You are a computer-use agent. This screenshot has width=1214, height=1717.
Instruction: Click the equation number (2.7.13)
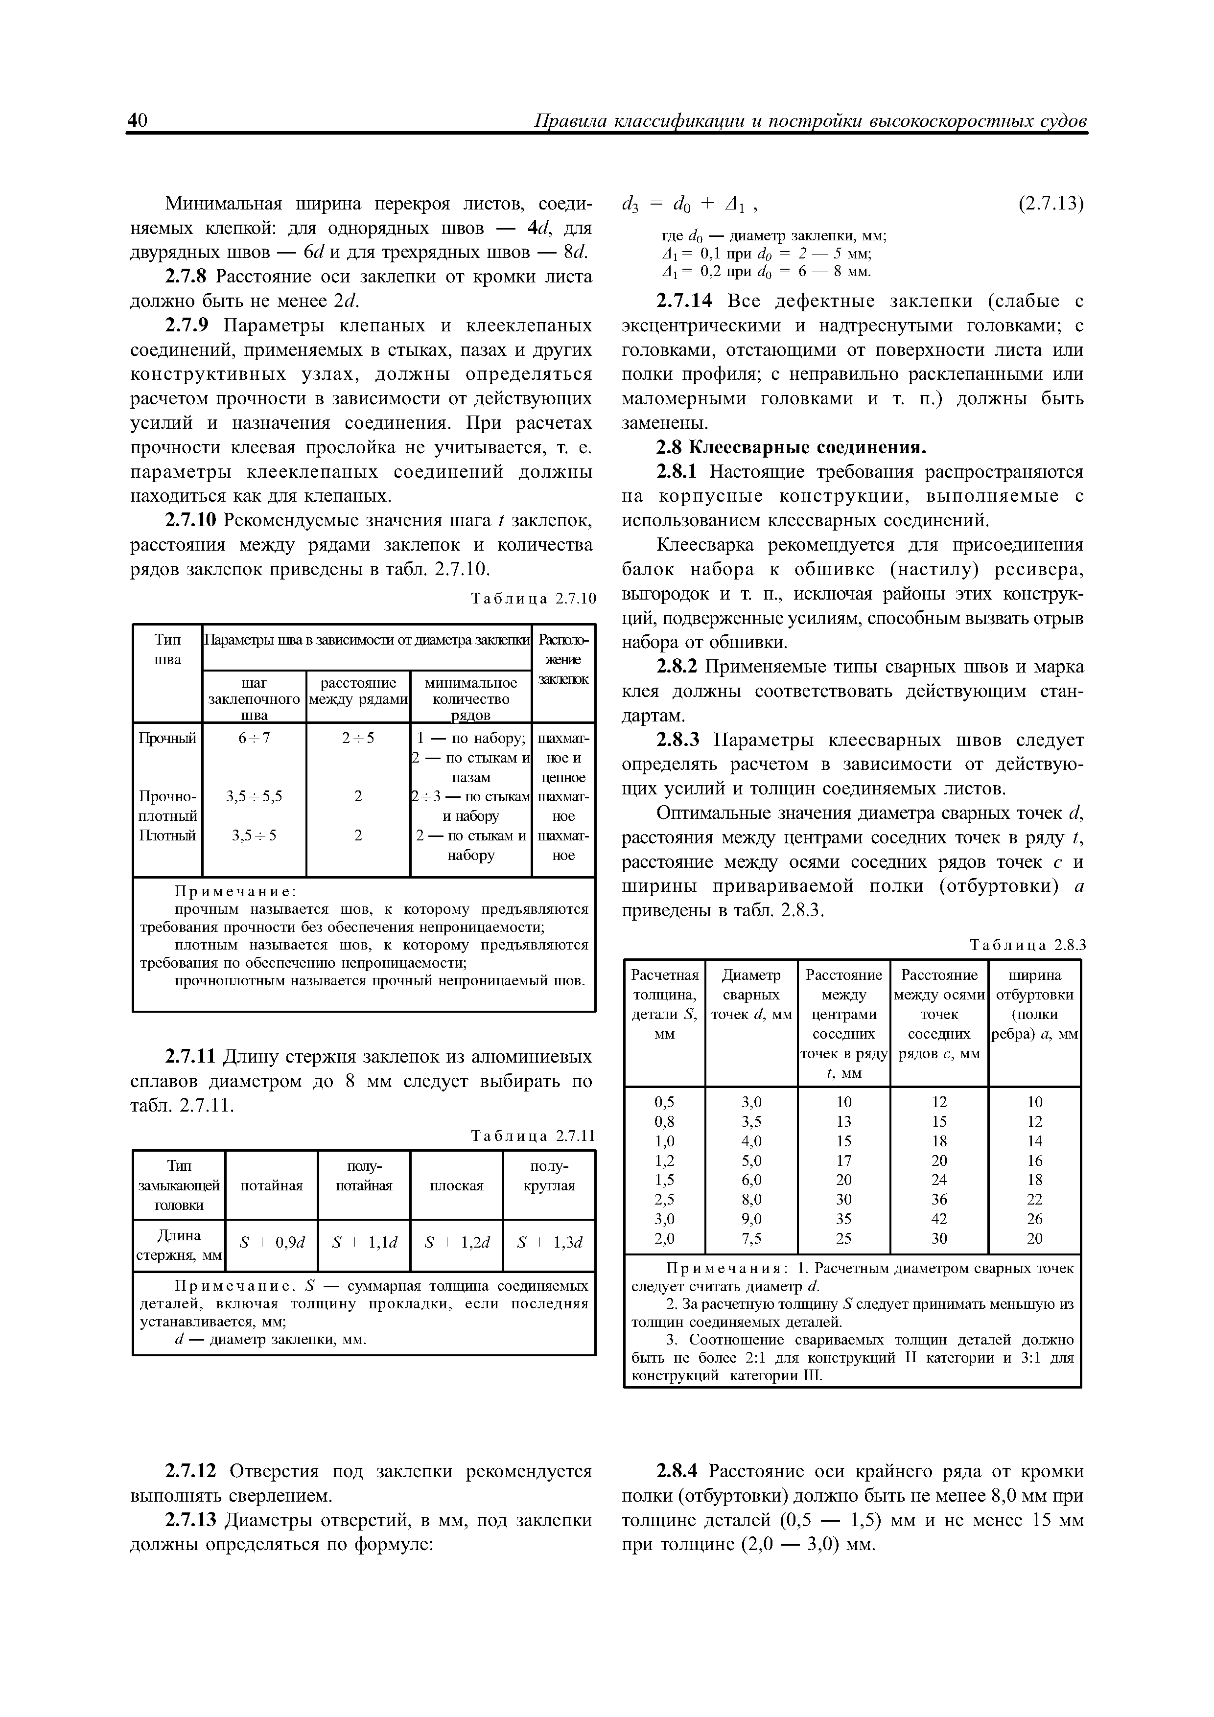point(1051,204)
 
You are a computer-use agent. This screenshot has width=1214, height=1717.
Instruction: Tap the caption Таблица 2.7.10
point(533,598)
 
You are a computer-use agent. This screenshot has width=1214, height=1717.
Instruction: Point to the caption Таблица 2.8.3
point(1026,945)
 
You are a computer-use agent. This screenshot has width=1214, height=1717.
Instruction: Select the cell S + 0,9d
point(272,1243)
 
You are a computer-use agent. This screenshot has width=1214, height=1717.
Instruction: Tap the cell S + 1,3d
point(549,1243)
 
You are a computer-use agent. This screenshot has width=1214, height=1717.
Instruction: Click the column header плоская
point(456,1185)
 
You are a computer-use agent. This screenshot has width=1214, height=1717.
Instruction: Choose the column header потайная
point(272,1185)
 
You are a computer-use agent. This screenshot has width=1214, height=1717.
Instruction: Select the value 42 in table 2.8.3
point(939,1219)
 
